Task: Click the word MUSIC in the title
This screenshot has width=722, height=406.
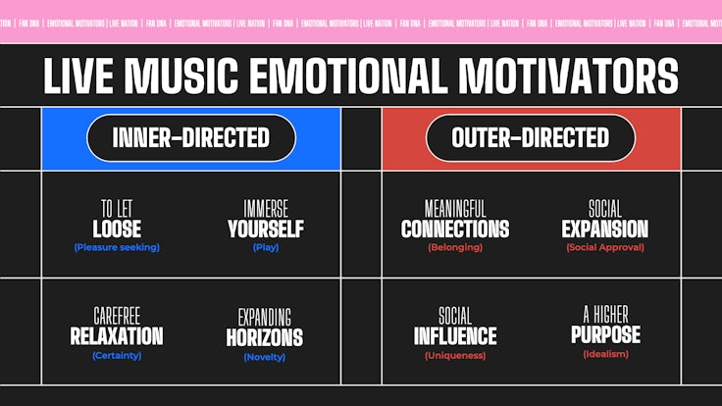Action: pos(181,76)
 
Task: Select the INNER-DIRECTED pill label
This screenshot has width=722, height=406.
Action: pos(191,137)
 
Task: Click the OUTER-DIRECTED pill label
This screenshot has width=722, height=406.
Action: pos(531,137)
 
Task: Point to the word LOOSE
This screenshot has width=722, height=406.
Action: pos(117,228)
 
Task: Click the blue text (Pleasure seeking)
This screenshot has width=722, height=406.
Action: pos(117,247)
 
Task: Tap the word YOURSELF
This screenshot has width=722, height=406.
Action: pos(266,228)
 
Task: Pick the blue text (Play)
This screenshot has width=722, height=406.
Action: pos(266,247)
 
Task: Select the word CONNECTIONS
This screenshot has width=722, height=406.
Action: pos(455,228)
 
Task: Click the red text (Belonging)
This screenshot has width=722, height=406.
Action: pos(455,247)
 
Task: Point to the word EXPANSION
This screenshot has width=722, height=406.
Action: pos(605,228)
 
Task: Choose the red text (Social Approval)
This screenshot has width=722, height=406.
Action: pos(605,247)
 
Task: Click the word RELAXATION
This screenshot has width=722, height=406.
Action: pos(117,336)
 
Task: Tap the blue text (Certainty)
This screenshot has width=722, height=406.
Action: pos(117,355)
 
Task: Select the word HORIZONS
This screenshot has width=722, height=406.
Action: pos(265,338)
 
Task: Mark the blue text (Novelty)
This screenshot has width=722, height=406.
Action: pos(265,357)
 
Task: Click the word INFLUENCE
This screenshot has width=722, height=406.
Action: pos(455,336)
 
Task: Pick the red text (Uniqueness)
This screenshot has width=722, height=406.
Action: pos(455,355)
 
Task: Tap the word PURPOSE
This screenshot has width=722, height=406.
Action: pos(605,335)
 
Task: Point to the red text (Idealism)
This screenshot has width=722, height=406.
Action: pos(605,354)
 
